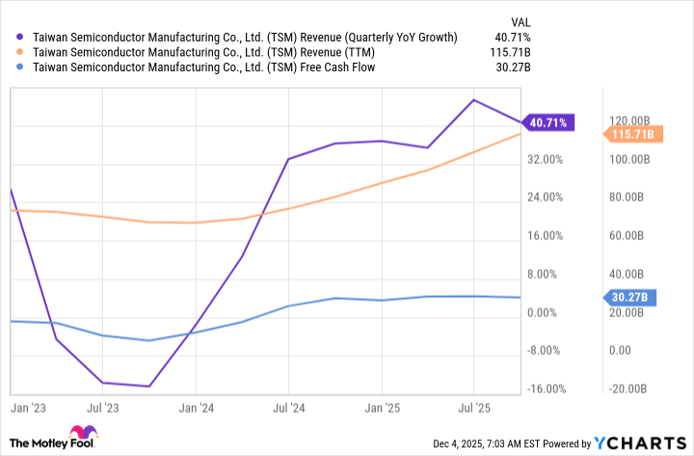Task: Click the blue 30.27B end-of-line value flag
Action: tap(627, 298)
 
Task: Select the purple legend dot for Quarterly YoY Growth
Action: tap(21, 37)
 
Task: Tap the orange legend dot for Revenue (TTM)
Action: tap(21, 52)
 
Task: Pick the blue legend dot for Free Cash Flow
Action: tap(21, 67)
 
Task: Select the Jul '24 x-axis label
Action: tap(288, 409)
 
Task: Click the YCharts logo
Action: tap(641, 443)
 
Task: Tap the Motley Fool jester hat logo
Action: tap(82, 434)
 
